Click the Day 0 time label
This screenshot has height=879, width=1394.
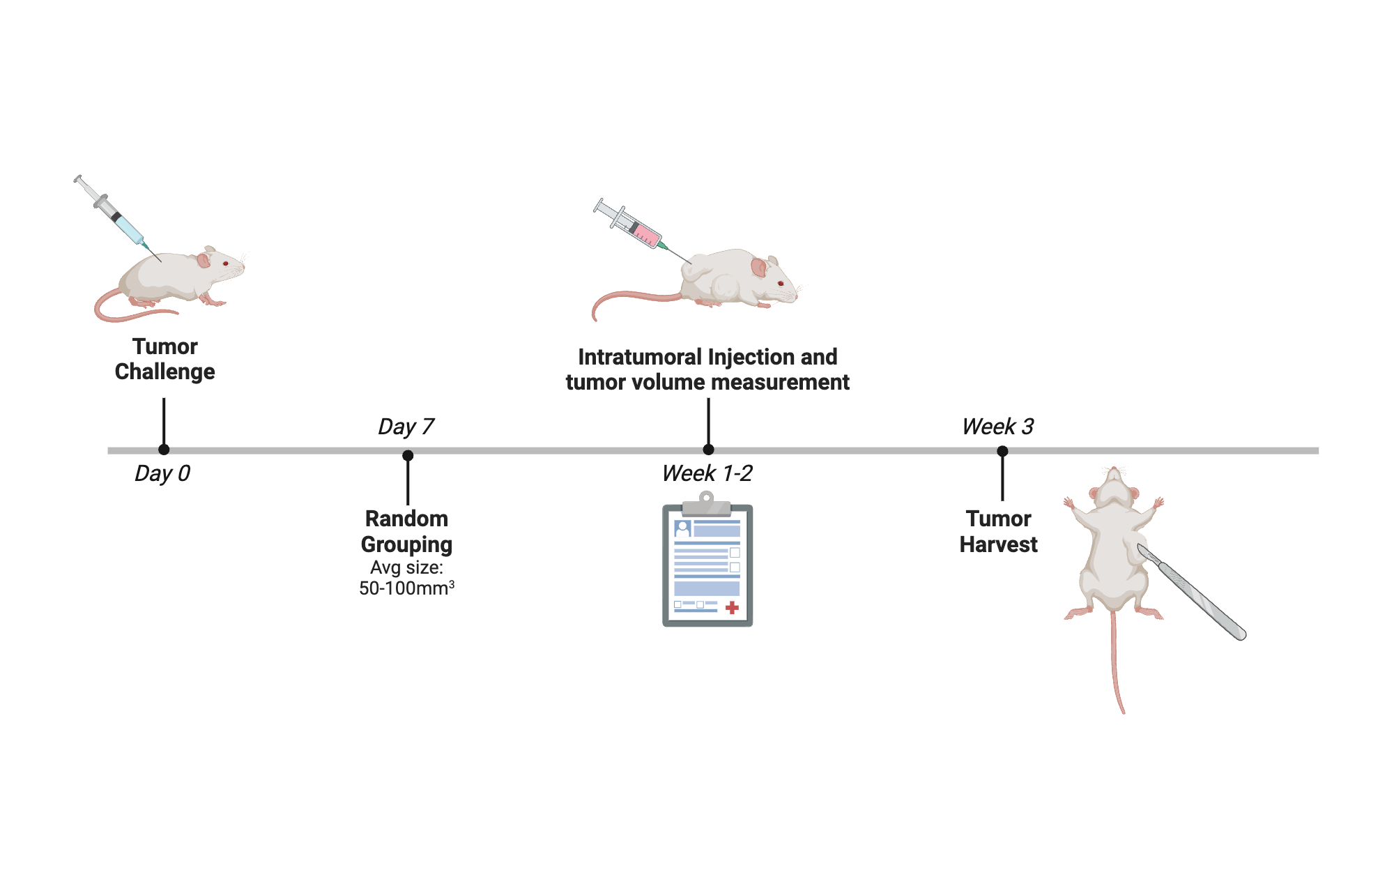tap(162, 474)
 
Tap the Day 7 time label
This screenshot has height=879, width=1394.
tap(406, 427)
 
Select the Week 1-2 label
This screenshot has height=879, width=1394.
tap(707, 474)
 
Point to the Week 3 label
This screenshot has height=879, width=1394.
tap(997, 427)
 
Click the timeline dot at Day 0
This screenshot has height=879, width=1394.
tap(164, 450)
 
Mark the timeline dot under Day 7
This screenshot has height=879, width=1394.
tap(408, 456)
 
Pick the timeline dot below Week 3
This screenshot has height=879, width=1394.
tap(1002, 452)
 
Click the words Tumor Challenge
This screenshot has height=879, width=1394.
tap(165, 359)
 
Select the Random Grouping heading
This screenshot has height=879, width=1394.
tap(406, 531)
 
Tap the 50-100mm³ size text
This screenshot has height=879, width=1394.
tap(406, 588)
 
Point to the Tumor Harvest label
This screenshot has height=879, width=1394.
tap(998, 531)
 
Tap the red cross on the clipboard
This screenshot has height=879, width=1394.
tap(732, 608)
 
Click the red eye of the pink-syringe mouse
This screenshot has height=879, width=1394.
tap(781, 283)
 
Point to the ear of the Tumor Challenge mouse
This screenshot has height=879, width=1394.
tap(204, 260)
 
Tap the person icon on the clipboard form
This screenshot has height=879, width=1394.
tap(682, 528)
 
